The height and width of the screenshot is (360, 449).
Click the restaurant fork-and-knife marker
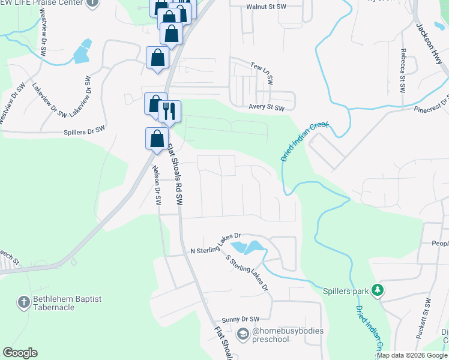[x=169, y=111]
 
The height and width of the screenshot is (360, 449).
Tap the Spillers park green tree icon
[x=377, y=290]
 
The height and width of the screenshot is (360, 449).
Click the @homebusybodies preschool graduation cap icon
[x=243, y=334]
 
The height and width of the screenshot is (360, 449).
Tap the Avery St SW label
[x=266, y=108]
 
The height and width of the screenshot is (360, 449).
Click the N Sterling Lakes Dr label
[x=215, y=243]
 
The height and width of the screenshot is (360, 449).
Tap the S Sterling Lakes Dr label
[x=247, y=273]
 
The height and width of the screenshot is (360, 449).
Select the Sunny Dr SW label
[x=240, y=319]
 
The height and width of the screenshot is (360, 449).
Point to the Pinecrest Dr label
[x=431, y=104]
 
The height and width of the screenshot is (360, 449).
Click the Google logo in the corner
[x=20, y=353]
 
